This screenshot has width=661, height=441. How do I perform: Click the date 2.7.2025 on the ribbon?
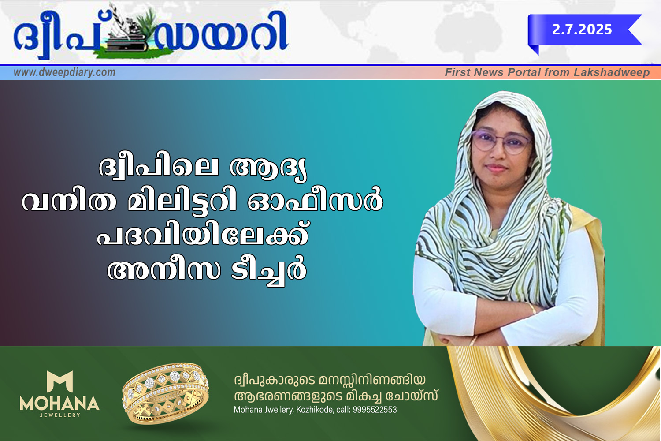click(x=582, y=30)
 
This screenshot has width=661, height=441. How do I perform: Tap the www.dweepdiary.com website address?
click(x=64, y=72)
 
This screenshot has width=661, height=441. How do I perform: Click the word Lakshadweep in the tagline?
click(x=612, y=73)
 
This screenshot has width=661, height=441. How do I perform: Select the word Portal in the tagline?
click(x=524, y=72)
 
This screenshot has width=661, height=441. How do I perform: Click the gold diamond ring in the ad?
click(x=166, y=393)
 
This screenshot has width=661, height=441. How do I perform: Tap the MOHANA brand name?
click(x=59, y=403)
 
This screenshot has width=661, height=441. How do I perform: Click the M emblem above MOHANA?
click(x=59, y=381)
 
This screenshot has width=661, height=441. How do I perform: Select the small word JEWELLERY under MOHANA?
click(x=60, y=415)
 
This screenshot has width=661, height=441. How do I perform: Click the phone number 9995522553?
click(x=375, y=410)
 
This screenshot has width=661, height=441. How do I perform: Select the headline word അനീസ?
click(x=164, y=270)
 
